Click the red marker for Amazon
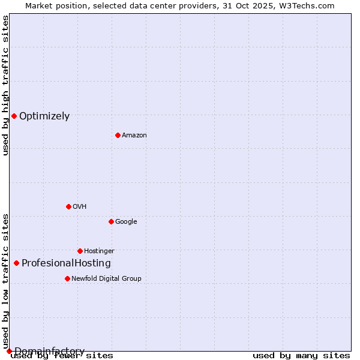pos(118,135)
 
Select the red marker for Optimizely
pos(14,116)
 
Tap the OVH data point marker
pos(68,206)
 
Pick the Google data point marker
pos(111,221)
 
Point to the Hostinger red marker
pos(80,251)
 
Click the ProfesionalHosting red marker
pos(16,263)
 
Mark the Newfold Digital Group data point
pos(67,278)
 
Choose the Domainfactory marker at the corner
pos(9,351)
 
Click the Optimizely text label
pos(44,116)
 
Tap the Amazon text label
pos(134,136)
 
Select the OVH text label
pos(80,207)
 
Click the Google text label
pos(126,222)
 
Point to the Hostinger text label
pos(99,251)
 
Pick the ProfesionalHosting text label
pos(66,263)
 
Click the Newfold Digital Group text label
pos(106,279)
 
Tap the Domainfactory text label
pos(49,351)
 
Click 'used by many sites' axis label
pos(301,356)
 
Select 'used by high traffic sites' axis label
pos(6,85)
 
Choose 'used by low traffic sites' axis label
pos(6,281)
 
